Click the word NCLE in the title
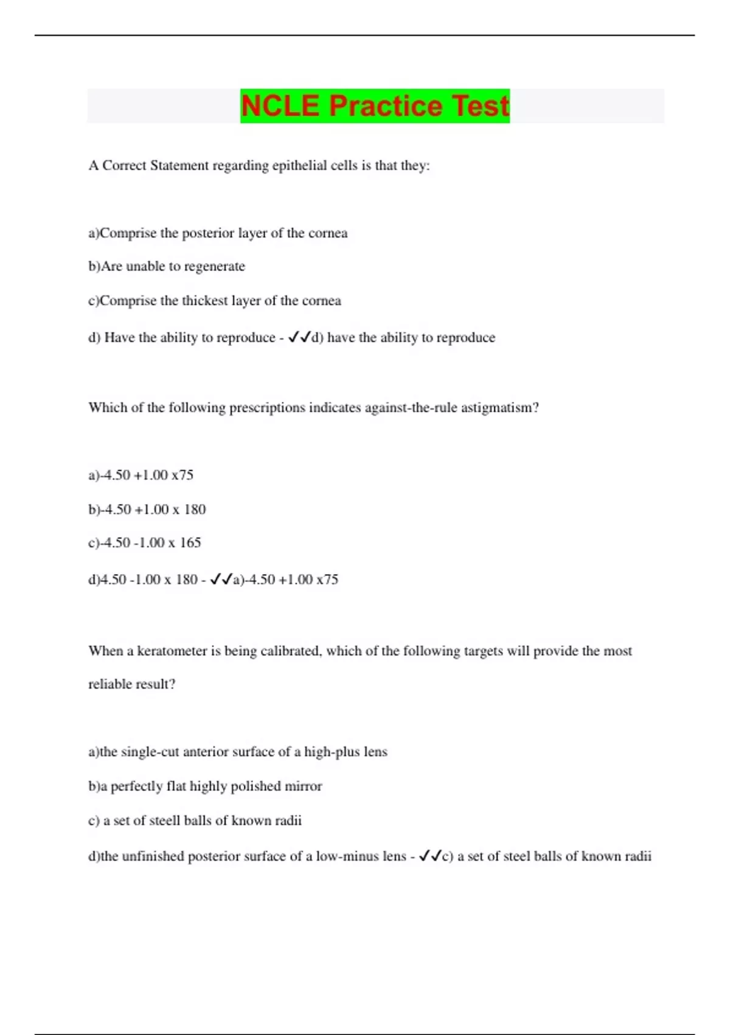coord(280,106)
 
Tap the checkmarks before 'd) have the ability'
coord(299,337)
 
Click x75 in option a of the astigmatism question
coord(182,475)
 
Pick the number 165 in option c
coord(190,543)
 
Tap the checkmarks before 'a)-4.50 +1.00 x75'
coord(221,580)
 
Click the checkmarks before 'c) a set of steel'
coord(430,857)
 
